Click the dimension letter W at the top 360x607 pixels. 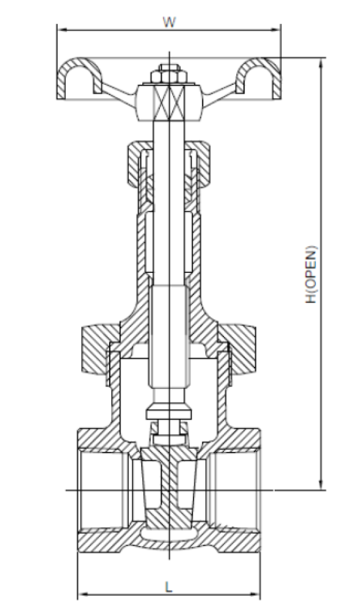coord(169,22)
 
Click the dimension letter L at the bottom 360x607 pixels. coord(168,587)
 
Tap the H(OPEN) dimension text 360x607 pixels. coord(311,274)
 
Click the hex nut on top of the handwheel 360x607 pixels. coord(169,75)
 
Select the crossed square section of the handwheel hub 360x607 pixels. coord(169,102)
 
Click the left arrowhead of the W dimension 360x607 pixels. coord(61,29)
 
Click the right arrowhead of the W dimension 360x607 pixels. coord(276,29)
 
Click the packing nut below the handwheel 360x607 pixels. coord(169,162)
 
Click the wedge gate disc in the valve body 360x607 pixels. coord(169,488)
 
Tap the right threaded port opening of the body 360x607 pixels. coord(236,490)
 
